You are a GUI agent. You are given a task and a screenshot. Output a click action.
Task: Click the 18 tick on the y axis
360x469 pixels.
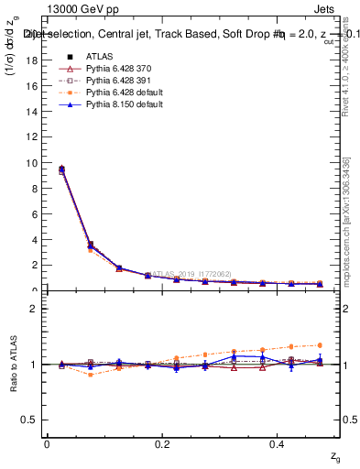pyautogui.click(x=30, y=60)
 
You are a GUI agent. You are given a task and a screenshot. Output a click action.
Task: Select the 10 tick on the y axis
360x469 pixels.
pyautogui.click(x=30, y=163)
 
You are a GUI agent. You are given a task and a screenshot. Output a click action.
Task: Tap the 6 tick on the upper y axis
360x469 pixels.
pyautogui.click(x=33, y=214)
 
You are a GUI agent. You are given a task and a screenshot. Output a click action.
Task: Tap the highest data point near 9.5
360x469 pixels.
pyautogui.click(x=61, y=169)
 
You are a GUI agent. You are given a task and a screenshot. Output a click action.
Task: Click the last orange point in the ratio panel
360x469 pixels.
pyautogui.click(x=320, y=345)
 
